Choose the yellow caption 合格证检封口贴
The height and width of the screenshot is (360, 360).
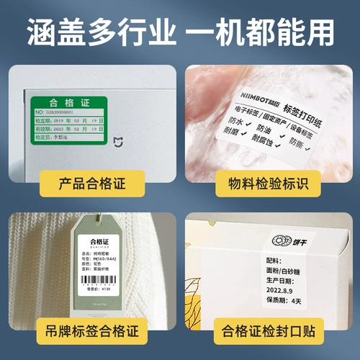[x=271, y=333]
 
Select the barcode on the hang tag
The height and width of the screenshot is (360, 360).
[x=101, y=282]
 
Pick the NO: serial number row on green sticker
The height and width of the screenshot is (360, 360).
[x=68, y=113]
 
